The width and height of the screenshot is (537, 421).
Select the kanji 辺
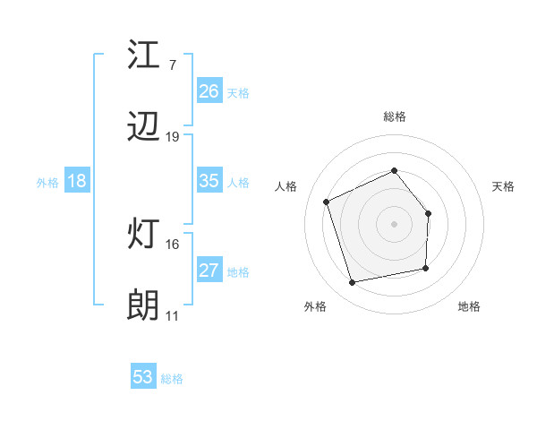144,128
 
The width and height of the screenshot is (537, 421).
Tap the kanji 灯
144,235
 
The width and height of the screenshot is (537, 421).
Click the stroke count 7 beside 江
172,65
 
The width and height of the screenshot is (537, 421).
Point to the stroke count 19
173,137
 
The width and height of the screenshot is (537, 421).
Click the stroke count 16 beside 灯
173,244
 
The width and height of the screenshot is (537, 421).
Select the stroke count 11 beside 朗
173,315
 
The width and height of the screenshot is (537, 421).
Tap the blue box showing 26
209,91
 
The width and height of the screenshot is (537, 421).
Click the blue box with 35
209,181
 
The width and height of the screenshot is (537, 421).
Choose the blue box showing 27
209,271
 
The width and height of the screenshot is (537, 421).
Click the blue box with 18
77,181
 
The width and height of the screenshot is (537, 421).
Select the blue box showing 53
143,377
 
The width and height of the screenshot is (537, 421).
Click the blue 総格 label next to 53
173,379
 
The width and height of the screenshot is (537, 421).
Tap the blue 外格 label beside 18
47,183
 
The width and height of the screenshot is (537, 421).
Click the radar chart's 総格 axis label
395,116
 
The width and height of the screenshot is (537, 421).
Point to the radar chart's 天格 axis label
504,186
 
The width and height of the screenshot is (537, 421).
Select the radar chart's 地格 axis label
469,306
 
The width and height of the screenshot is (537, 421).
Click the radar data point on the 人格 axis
327,202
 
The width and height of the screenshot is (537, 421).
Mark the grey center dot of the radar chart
395,223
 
